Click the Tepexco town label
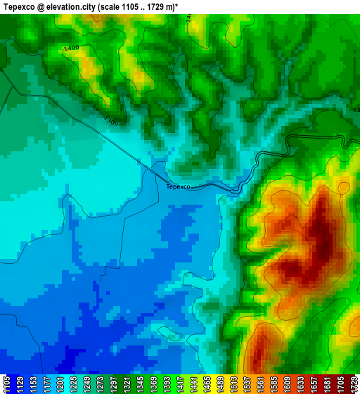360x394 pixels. tap(178, 186)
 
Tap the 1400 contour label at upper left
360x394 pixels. tap(70, 48)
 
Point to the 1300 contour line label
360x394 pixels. tap(110, 121)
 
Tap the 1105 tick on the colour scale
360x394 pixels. tap(6, 384)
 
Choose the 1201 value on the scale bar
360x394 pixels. tap(74, 384)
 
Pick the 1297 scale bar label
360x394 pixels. tap(141, 384)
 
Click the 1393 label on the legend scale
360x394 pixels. tap(208, 384)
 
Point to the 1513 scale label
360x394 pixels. tap(292, 384)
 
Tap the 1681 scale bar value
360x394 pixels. tap(343, 384)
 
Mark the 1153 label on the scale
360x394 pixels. tap(40, 384)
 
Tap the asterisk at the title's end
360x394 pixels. tap(186, 5)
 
